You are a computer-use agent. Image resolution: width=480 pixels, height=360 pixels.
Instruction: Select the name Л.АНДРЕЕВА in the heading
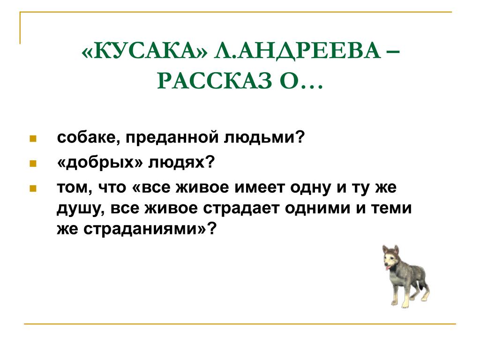point(297,52)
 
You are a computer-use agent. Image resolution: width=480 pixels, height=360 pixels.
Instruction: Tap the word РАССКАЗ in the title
point(214,81)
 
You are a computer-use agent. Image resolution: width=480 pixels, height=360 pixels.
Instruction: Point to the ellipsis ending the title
point(312,87)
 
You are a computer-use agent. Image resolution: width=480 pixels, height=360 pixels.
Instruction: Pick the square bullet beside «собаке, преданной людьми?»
point(33,139)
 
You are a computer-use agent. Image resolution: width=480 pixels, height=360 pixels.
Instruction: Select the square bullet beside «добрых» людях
point(33,164)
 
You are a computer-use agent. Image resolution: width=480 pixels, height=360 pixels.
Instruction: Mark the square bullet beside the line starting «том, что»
point(33,188)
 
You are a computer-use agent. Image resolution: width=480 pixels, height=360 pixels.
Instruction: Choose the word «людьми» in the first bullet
point(260,137)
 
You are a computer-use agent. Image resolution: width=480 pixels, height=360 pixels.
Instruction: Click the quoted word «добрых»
point(100,162)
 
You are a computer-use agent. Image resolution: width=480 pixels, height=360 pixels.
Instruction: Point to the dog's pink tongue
point(388,268)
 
